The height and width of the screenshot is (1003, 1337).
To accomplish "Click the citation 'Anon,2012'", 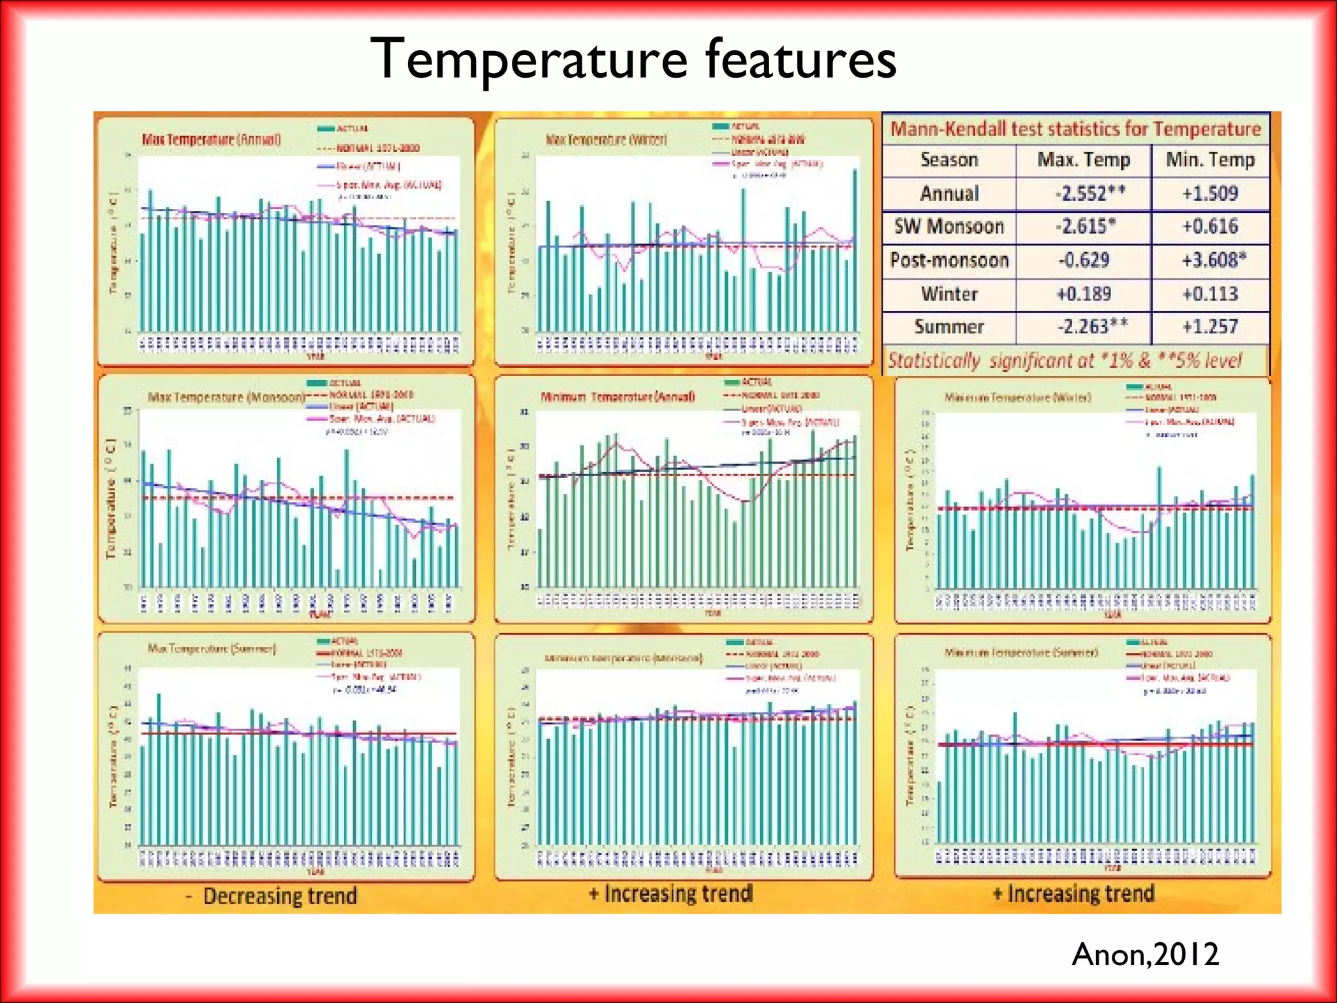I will tap(1145, 955).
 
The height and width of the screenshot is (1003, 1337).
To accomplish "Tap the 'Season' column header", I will tap(949, 160).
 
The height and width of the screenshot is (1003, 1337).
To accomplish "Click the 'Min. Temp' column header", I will tap(1210, 160).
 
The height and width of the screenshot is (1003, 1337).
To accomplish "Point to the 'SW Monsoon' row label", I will tap(949, 227).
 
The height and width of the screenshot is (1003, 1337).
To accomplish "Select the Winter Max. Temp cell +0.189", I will tap(1084, 294).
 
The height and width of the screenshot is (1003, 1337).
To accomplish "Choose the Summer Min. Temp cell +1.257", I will tap(1210, 326).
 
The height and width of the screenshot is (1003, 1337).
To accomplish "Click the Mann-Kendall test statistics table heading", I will tap(1075, 129).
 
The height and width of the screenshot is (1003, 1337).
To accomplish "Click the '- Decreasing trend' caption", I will tap(272, 896).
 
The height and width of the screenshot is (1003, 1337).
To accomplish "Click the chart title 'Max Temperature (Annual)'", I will tap(212, 140).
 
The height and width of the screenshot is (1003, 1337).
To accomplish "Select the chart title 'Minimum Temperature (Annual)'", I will tap(617, 397).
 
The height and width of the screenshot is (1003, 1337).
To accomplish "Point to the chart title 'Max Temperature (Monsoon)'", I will tap(226, 397).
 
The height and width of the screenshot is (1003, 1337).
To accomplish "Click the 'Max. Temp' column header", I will tap(1083, 160).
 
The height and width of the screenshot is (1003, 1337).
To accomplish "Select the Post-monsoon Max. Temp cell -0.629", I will tap(1083, 260).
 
